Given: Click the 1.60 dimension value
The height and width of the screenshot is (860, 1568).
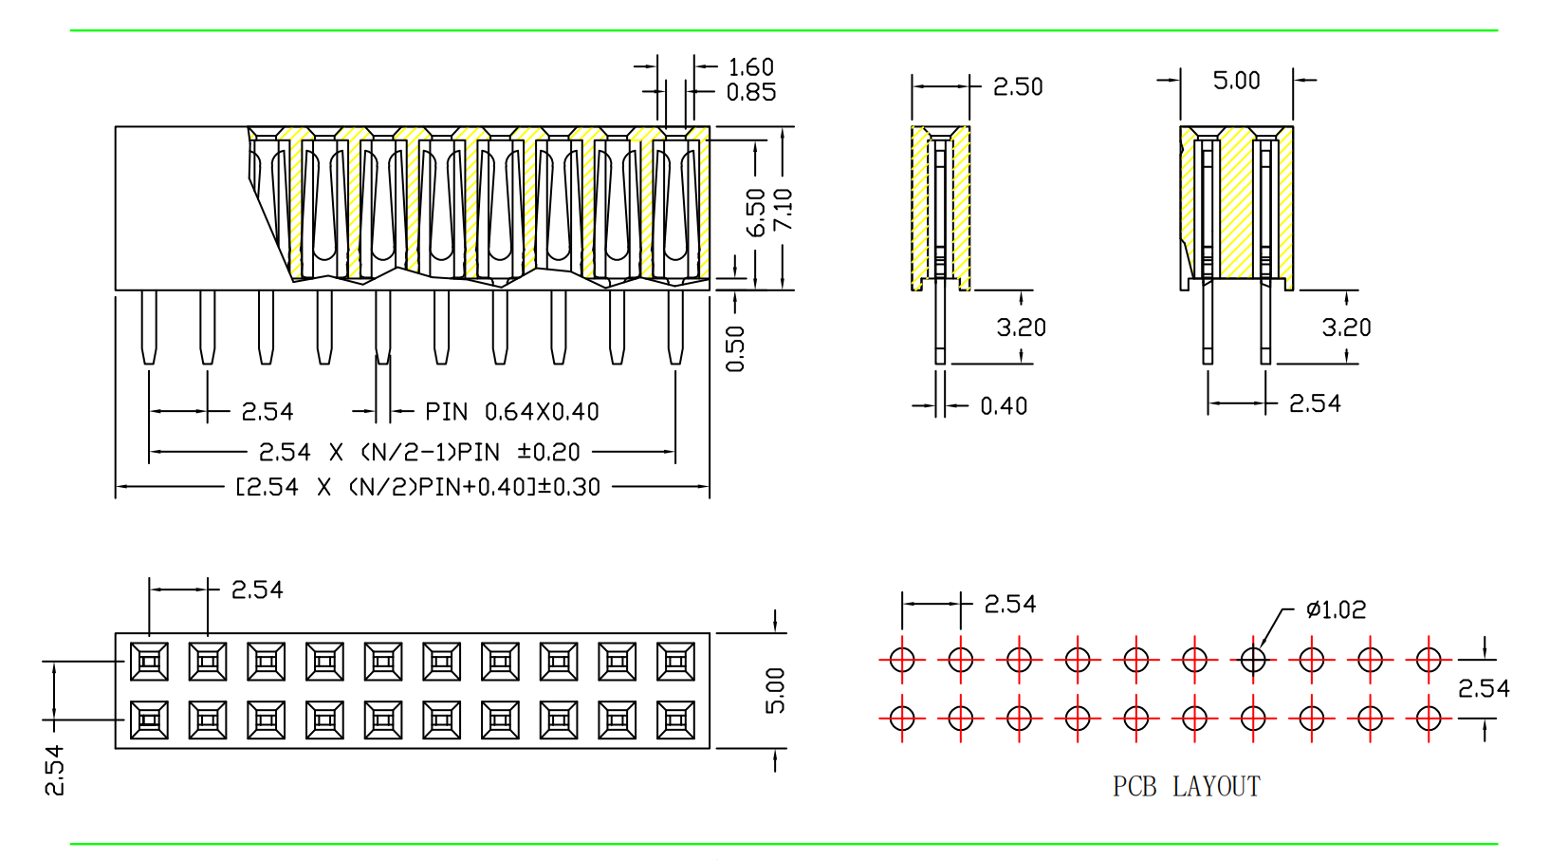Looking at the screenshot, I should pyautogui.click(x=750, y=67).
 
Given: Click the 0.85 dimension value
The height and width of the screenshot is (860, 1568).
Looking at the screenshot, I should pyautogui.click(x=750, y=92).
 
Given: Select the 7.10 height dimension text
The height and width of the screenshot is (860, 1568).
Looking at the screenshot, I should pyautogui.click(x=783, y=209).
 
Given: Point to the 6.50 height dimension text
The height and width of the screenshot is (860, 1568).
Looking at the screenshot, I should pyautogui.click(x=756, y=213).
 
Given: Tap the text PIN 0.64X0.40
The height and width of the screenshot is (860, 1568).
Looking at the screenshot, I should pyautogui.click(x=511, y=412).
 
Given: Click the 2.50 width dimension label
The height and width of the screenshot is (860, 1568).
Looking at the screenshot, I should pyautogui.click(x=1017, y=87).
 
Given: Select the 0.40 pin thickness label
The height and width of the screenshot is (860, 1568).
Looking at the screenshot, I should pyautogui.click(x=1003, y=406).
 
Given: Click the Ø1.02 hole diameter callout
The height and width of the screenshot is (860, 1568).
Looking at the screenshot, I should pyautogui.click(x=1336, y=609).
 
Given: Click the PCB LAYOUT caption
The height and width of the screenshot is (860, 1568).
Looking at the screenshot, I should pyautogui.click(x=1186, y=786).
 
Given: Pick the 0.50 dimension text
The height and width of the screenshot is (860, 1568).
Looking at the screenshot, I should pyautogui.click(x=735, y=348).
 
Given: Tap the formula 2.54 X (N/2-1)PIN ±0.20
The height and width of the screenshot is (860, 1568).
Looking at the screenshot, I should pyautogui.click(x=418, y=452).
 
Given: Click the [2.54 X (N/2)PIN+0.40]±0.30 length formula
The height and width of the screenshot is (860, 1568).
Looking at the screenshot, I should pyautogui.click(x=417, y=487).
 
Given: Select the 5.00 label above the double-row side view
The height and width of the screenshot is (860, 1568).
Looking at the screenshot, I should pyautogui.click(x=1236, y=81).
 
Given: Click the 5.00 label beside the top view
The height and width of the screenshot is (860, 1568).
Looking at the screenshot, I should pyautogui.click(x=775, y=690).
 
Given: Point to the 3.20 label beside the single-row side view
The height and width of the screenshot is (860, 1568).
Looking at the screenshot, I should pyautogui.click(x=1021, y=327).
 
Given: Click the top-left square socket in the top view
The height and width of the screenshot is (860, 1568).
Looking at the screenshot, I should pyautogui.click(x=149, y=662).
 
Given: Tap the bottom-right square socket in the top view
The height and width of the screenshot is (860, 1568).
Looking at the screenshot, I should pyautogui.click(x=675, y=720).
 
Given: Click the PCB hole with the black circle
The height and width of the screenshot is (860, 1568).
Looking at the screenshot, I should pyautogui.click(x=1253, y=659).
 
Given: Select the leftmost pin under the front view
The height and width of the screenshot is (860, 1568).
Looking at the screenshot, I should pyautogui.click(x=149, y=327).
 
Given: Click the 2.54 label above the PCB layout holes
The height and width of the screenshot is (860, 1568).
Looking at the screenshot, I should pyautogui.click(x=1009, y=604).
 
